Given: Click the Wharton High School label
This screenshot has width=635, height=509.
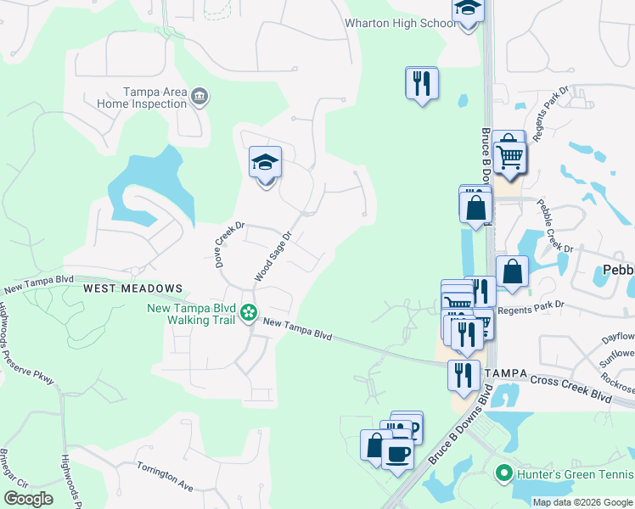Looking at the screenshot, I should (x=400, y=23).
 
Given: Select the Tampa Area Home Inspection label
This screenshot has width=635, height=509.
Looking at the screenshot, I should (x=155, y=98).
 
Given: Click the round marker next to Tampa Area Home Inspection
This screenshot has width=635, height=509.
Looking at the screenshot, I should (x=200, y=97).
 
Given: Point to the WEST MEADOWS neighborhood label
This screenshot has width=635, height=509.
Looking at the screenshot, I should (x=132, y=288).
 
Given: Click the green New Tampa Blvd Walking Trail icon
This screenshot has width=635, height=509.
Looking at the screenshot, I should (x=248, y=314).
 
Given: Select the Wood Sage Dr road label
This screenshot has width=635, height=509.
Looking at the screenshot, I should (x=273, y=257).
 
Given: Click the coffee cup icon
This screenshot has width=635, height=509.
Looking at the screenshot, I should (x=397, y=454).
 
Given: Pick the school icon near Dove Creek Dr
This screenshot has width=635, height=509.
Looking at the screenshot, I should (x=265, y=163).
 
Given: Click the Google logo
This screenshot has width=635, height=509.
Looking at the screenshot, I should (x=28, y=499).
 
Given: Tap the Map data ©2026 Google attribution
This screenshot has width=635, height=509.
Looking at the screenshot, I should (x=582, y=502).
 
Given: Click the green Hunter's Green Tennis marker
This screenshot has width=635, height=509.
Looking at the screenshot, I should (x=503, y=474).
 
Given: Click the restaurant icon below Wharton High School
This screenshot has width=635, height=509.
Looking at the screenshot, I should (x=421, y=83).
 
